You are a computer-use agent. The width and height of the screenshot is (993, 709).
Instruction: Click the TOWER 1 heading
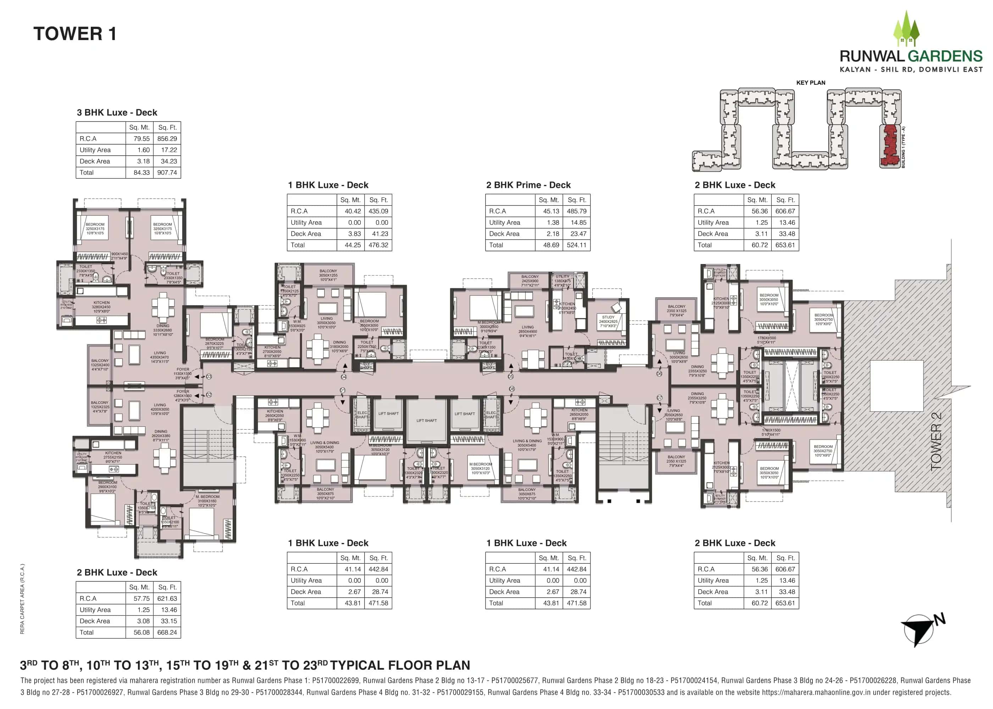[75, 34]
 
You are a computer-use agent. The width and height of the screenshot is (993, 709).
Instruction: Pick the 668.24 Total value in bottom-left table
[167, 632]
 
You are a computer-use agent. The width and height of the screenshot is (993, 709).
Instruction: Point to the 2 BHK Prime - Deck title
[528, 185]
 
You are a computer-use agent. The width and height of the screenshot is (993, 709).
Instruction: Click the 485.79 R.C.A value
[576, 211]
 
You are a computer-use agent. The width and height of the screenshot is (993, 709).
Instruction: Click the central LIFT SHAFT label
[426, 420]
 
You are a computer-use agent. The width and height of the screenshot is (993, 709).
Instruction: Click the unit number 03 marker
[209, 376]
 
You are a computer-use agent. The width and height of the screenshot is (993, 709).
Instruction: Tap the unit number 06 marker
[659, 374]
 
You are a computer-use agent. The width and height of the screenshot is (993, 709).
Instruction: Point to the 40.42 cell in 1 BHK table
[353, 211]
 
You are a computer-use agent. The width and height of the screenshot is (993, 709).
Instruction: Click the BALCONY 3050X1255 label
[328, 275]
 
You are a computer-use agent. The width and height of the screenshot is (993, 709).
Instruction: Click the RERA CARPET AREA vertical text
[22, 598]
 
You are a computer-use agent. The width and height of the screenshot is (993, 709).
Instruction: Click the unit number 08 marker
[512, 389]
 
